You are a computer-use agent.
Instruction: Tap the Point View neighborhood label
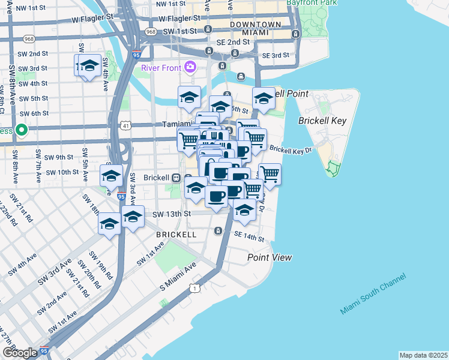coord(270,257)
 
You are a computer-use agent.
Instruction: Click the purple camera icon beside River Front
coord(190,67)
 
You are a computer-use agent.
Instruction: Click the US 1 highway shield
coord(195,289)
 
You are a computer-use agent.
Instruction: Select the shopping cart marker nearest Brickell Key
coord(270,174)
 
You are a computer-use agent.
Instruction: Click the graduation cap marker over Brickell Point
coord(264,98)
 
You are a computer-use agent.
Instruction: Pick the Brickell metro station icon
coord(176,178)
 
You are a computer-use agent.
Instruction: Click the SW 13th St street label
coord(171,214)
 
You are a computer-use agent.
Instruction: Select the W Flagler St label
coord(93,19)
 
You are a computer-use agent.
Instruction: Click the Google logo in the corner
coord(20,353)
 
